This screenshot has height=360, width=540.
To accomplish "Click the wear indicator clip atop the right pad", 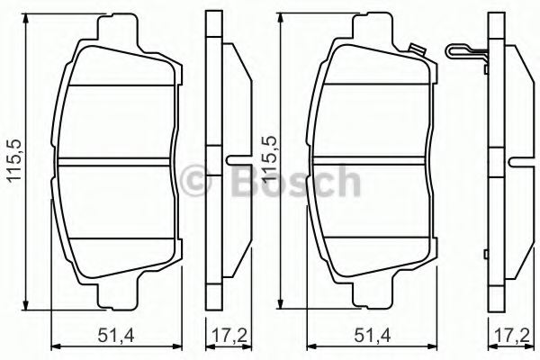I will (x=415, y=49).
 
